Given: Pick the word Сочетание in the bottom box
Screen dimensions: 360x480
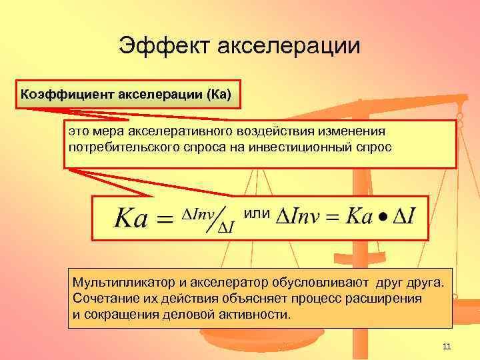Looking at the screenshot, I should coord(103,298).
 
